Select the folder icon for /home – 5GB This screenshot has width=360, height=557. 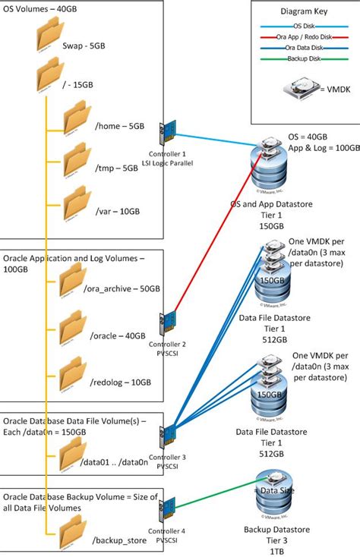click(77, 117)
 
